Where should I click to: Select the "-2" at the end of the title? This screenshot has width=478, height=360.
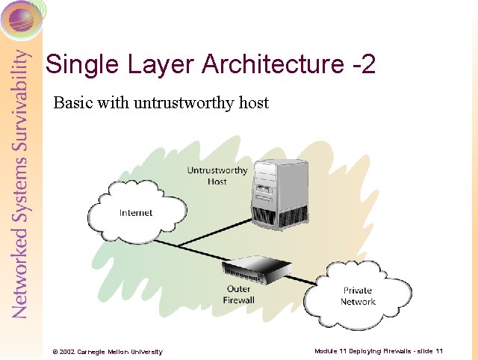pos(361,64)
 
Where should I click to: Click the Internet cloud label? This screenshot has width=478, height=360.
pos(135,213)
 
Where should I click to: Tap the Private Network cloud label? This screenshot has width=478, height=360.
pos(358,296)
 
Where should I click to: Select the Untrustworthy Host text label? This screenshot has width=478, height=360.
pos(217,176)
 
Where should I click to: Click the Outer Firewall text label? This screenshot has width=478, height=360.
pos(239,294)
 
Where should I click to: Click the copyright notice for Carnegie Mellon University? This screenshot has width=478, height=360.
pos(107,351)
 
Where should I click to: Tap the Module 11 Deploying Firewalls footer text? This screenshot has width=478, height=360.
pos(379,350)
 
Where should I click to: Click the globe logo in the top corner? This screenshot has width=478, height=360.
pos(21,18)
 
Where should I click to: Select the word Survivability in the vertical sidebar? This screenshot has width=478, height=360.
pos(20,97)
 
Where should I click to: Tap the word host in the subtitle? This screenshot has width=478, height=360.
pos(253,102)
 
